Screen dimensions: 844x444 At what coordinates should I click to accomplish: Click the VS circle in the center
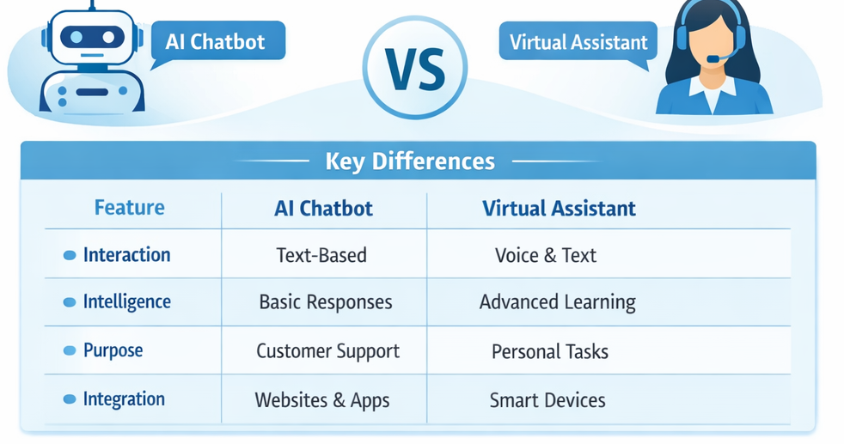tap(414, 68)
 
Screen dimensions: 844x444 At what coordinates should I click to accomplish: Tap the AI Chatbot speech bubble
tap(217, 42)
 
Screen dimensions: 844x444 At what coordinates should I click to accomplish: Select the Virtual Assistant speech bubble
tap(578, 42)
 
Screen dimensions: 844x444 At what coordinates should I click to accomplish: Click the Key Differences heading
tap(410, 161)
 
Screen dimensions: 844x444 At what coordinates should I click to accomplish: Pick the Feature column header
tap(130, 208)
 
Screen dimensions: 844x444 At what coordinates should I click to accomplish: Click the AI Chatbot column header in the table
tap(323, 209)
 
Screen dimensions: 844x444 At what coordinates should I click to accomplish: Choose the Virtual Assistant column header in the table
tap(559, 209)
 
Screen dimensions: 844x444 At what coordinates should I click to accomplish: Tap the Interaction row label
tap(126, 255)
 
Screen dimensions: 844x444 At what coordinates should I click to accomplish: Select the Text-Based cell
tap(321, 255)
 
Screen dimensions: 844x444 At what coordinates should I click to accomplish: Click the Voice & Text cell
tap(546, 255)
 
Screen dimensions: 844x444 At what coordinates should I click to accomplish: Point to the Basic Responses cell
tap(326, 302)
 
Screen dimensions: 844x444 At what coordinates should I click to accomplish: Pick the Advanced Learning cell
tap(558, 302)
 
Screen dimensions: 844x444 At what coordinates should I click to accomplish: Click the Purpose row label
tap(113, 351)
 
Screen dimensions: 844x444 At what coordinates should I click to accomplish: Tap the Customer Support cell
tap(327, 351)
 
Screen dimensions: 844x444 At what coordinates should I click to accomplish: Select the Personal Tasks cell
tap(550, 351)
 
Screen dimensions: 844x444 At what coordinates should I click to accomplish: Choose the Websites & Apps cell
tap(322, 400)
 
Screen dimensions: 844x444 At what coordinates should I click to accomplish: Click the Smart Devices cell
tap(547, 400)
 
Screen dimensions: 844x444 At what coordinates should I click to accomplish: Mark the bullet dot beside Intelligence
tap(70, 302)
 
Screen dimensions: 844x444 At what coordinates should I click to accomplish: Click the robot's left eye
tap(76, 37)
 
